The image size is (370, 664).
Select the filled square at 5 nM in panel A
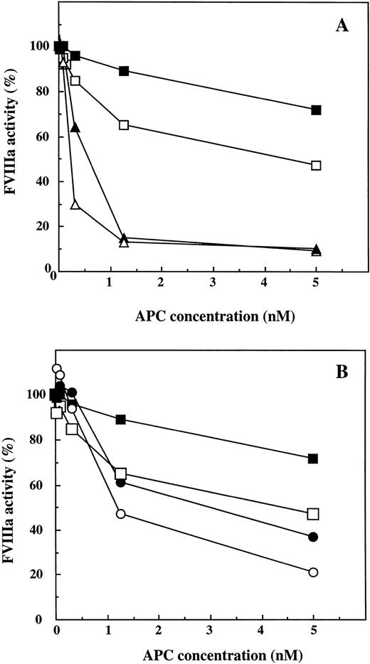coord(317,110)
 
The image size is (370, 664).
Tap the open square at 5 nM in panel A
coord(317,166)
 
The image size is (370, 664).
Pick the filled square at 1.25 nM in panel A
coord(124,71)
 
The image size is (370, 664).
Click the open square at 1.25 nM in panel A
coord(124,125)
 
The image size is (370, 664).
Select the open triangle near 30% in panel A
coord(75,205)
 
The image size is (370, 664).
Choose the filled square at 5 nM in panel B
coord(313,459)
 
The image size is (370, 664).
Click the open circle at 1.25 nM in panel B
coord(121,514)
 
